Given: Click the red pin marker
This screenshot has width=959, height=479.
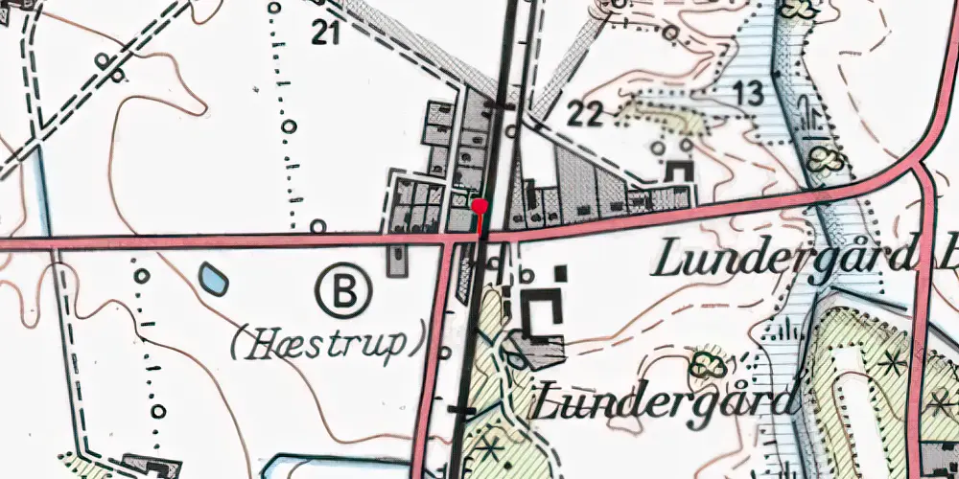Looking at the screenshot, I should [480, 206].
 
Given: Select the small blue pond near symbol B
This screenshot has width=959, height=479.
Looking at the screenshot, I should [214, 280].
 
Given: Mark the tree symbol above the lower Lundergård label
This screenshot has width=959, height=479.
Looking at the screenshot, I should [708, 364].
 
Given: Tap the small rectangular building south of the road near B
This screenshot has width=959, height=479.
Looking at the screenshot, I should [396, 260].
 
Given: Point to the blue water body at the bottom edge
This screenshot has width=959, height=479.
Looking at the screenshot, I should [297, 468].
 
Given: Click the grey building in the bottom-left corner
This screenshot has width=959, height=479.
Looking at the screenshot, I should [149, 468].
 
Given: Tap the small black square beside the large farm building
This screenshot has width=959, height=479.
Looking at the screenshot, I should [561, 274].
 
